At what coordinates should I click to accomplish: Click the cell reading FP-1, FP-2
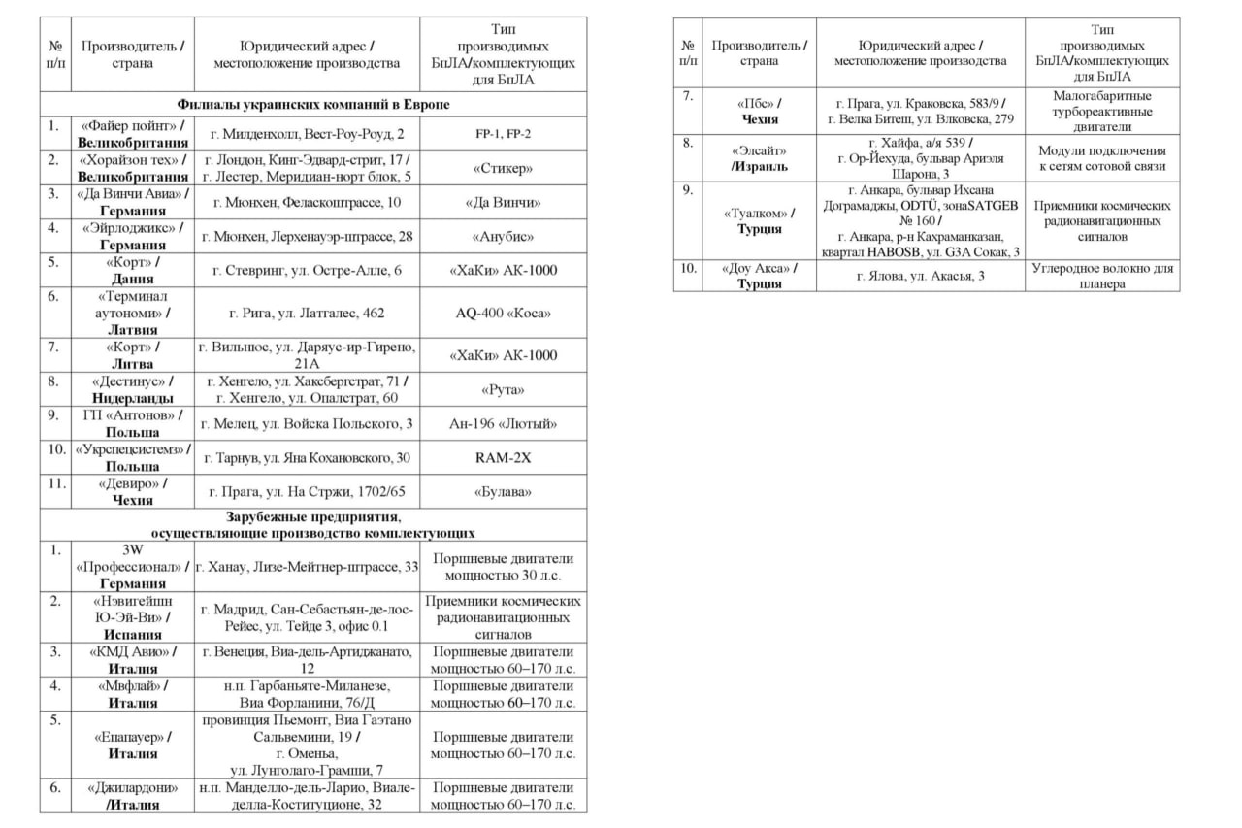pyautogui.click(x=504, y=133)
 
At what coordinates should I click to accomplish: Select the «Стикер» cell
pyautogui.click(x=504, y=168)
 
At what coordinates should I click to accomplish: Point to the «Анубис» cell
pyautogui.click(x=504, y=236)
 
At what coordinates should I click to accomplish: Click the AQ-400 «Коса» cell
pyautogui.click(x=504, y=313)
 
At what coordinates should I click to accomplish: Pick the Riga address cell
pyautogui.click(x=306, y=313)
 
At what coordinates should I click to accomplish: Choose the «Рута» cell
pyautogui.click(x=504, y=389)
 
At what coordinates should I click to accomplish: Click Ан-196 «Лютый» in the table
pyautogui.click(x=504, y=423)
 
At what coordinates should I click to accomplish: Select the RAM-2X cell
pyautogui.click(x=504, y=457)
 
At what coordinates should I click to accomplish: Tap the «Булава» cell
pyautogui.click(x=504, y=491)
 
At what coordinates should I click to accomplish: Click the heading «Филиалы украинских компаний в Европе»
pyautogui.click(x=313, y=104)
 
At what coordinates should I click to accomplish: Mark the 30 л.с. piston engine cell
pyautogui.click(x=504, y=566)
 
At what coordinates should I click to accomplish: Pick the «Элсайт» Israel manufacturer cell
pyautogui.click(x=759, y=158)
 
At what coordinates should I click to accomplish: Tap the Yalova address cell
pyautogui.click(x=921, y=276)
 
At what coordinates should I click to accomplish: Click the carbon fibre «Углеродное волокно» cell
pyautogui.click(x=1102, y=276)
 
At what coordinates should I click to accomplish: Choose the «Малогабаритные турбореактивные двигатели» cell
pyautogui.click(x=1102, y=112)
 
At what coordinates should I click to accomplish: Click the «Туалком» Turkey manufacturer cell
pyautogui.click(x=759, y=220)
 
